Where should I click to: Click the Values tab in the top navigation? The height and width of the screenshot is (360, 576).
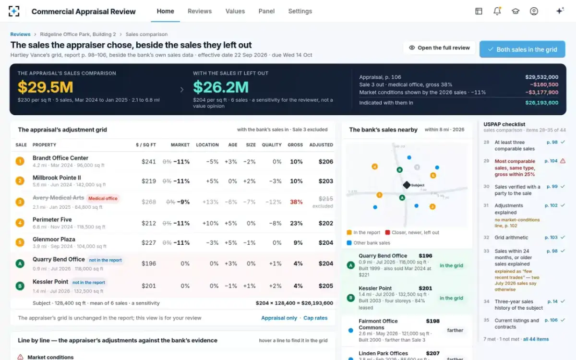point(235,11)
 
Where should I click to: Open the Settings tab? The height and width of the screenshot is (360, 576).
point(300,11)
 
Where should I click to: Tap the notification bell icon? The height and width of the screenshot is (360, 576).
point(497,11)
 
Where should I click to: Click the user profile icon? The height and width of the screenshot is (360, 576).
point(534,11)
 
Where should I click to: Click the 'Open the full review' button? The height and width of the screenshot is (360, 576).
point(439,48)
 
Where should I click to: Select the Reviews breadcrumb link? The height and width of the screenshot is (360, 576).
point(20,34)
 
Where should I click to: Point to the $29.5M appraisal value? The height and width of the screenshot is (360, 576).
point(45,87)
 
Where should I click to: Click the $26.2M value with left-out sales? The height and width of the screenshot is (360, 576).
point(221,87)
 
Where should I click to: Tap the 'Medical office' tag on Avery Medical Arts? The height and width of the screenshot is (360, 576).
point(103,198)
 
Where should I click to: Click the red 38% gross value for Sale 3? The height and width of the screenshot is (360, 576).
point(296,202)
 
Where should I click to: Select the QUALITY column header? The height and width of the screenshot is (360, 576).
point(272,145)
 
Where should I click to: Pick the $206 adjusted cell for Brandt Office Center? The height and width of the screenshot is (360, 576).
point(326,161)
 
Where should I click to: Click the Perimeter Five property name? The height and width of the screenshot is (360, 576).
point(52,220)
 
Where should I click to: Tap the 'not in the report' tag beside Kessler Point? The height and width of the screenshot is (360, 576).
point(89,282)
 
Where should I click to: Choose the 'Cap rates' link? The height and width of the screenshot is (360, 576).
point(315,318)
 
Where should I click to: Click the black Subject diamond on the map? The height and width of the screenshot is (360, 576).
point(407,185)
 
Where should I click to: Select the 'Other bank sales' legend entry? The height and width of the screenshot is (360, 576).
point(369,243)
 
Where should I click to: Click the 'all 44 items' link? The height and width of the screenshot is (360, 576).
point(536,339)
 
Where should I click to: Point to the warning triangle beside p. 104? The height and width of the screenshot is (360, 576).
point(563,161)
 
